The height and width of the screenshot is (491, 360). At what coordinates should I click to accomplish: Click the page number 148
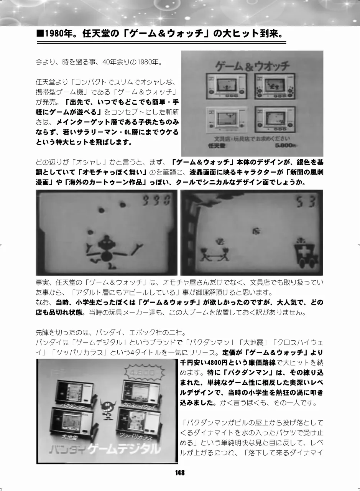click(180, 473)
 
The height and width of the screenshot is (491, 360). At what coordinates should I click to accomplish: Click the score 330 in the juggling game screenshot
click(156, 200)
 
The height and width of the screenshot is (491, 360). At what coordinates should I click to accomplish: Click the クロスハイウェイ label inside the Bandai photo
click(139, 403)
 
